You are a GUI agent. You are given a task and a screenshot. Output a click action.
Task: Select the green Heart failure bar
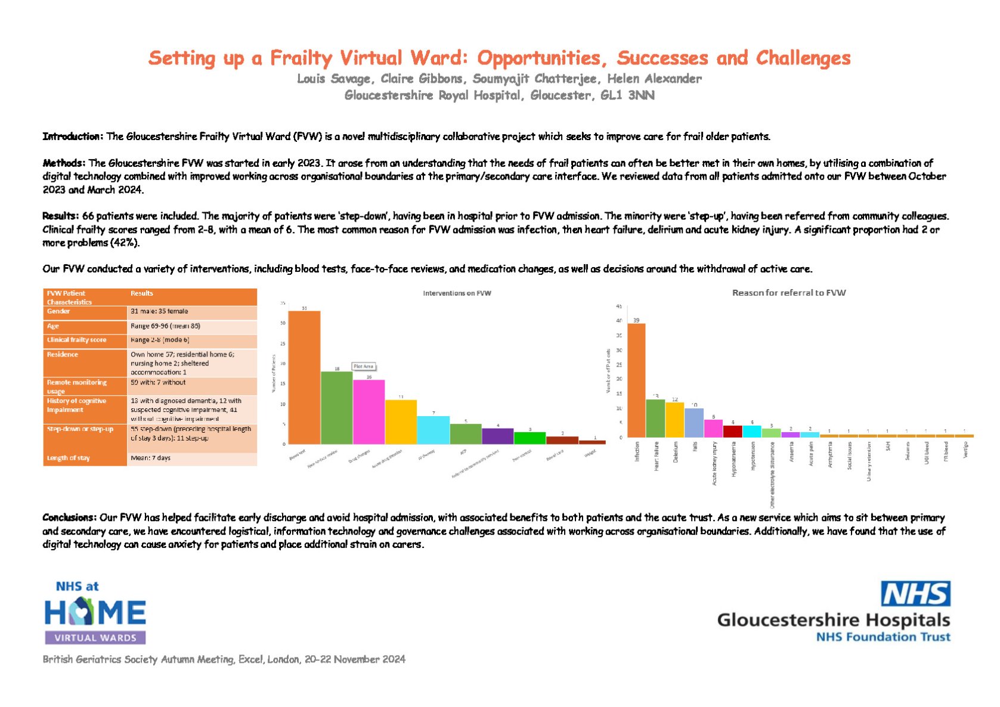point(655,418)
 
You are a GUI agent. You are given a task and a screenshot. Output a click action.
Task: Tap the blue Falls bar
point(694,423)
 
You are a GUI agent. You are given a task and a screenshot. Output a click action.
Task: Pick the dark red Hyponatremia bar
point(732,431)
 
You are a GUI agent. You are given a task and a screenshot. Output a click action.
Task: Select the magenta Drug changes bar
point(369,412)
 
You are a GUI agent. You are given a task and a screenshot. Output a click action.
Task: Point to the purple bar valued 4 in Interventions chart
point(497,436)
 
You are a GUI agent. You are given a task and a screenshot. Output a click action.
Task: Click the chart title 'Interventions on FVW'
point(457,293)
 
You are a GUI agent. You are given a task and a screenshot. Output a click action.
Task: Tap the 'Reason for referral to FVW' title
point(788,293)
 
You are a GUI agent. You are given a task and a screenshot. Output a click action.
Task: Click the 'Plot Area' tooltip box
point(364,366)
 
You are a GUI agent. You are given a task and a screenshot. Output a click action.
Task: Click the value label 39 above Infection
point(636,320)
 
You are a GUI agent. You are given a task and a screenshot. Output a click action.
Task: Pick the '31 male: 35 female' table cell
point(159,311)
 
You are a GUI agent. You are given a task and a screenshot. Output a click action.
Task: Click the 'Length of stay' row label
point(68,458)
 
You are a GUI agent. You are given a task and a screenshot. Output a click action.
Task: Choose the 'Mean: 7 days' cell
point(150,458)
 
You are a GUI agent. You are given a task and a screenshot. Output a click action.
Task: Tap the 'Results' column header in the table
point(142,293)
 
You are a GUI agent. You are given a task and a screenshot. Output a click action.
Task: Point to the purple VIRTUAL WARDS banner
point(95,638)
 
